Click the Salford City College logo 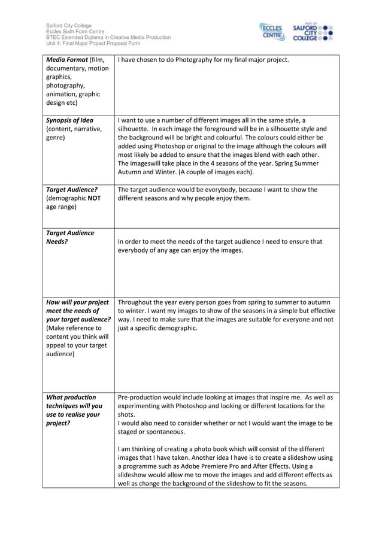312,32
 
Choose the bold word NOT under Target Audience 91,198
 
